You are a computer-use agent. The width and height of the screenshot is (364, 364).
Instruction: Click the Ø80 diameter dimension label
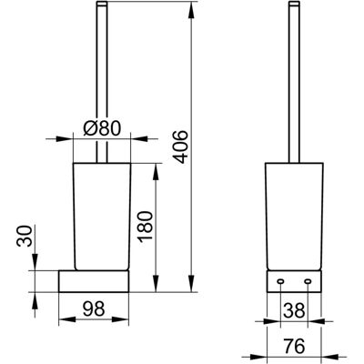tap(102, 128)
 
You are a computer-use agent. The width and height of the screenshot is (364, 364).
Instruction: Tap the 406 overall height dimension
tap(181, 147)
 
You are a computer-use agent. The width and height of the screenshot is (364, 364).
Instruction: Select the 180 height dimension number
tap(146, 226)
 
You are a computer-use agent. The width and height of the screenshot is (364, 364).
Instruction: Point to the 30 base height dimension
tap(25, 236)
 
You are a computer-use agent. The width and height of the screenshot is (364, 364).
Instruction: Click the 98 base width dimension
tap(93, 308)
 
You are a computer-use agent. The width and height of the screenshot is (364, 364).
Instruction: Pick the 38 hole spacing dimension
tap(294, 310)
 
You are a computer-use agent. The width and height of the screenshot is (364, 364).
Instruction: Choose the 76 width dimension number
tap(294, 346)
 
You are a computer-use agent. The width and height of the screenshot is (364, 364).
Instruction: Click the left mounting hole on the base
tap(280, 282)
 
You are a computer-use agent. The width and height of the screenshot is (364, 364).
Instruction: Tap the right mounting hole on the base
tap(308, 282)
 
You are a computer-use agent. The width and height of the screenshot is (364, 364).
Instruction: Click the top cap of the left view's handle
tap(102, 4)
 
